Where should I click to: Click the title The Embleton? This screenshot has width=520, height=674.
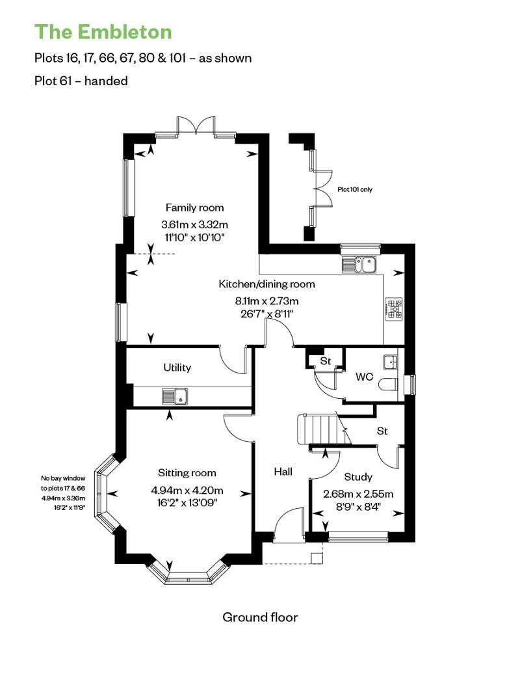[x=103, y=31]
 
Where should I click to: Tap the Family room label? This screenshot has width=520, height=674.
[x=194, y=208]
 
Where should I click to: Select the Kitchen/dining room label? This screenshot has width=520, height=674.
[x=266, y=284]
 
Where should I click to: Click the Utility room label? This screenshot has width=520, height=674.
[x=177, y=368]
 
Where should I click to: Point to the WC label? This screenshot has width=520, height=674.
[x=363, y=377]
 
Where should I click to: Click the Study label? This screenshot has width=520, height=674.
[x=358, y=477]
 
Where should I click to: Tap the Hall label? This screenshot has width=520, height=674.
[x=283, y=471]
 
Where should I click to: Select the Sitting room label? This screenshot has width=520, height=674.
[x=187, y=473]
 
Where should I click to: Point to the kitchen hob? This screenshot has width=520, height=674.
[x=395, y=309]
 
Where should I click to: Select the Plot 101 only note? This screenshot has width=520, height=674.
[x=355, y=190]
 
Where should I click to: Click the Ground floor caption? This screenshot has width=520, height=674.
[x=260, y=617]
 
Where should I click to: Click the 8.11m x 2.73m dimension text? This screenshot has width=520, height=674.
[x=266, y=301]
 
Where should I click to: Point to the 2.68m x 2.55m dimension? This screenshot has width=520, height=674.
[x=358, y=493]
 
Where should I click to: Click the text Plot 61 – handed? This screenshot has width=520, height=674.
[x=81, y=81]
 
